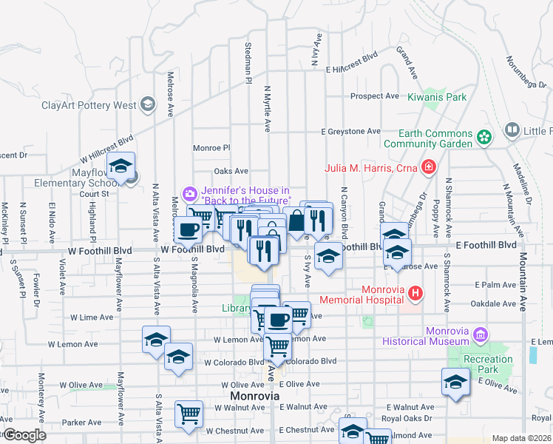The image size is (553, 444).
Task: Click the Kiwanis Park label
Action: pos(438,97)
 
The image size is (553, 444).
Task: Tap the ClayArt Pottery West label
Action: pos(89,105)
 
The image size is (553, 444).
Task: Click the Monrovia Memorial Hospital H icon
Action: pos(415,294)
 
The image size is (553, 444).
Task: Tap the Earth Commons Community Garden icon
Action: pos(484,137)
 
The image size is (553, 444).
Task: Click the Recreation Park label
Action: pos(488,364)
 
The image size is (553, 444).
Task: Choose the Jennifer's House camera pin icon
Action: pos(190,195)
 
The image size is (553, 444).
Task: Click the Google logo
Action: pos(24,434)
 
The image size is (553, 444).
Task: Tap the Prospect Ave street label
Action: pos(375,96)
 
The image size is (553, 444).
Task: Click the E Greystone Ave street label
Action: pos(351,131)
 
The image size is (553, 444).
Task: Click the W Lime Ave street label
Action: pos(90,317)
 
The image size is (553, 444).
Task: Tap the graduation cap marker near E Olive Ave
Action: pos(455,382)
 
